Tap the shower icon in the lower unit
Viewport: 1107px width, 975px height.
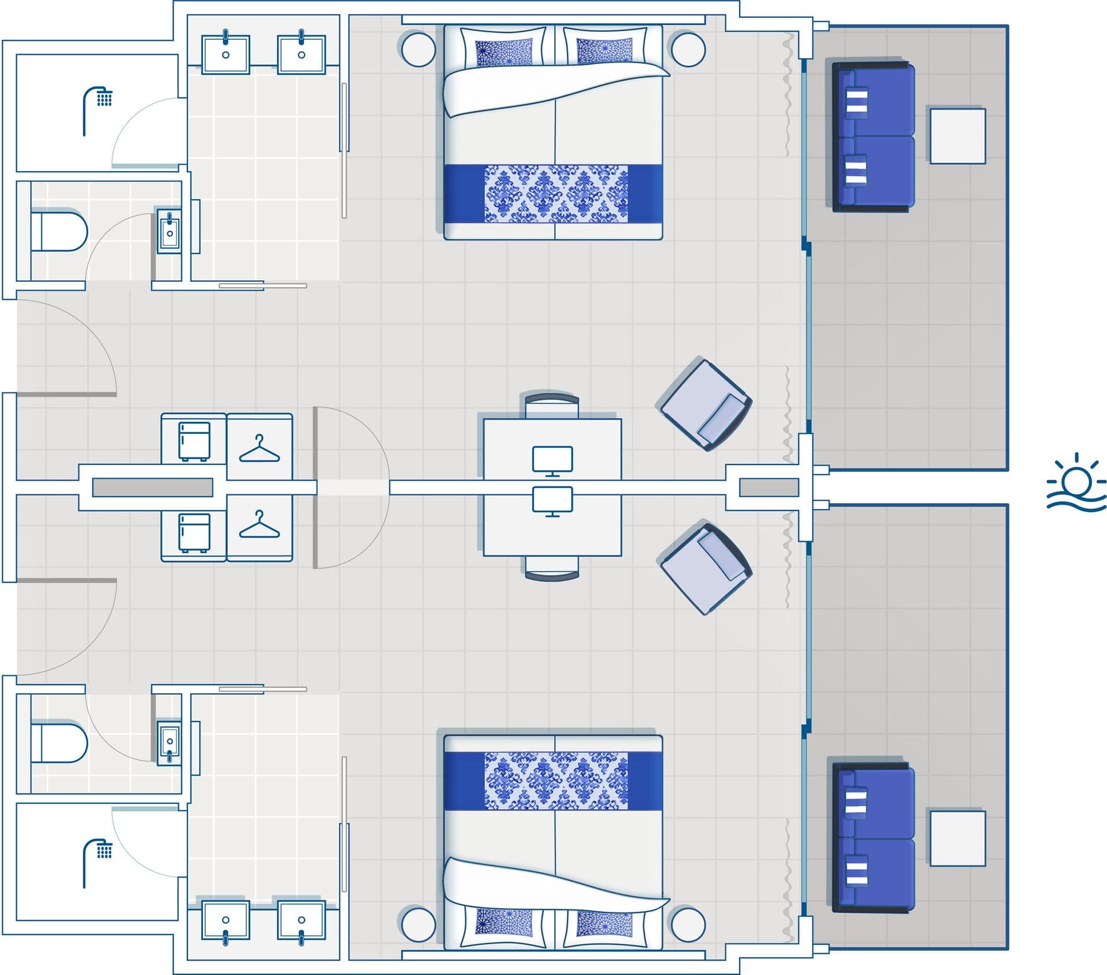pos(97,861)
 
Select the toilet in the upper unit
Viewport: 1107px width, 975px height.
pos(59,232)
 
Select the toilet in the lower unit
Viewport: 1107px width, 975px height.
pos(59,743)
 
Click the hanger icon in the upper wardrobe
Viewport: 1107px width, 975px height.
pos(259,448)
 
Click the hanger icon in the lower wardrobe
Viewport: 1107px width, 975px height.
pos(259,524)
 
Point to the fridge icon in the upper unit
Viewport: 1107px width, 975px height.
pos(194,441)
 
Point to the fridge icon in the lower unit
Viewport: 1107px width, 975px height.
pos(194,532)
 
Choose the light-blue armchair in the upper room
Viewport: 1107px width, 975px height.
pos(705,404)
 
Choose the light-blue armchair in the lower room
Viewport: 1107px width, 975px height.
pos(705,568)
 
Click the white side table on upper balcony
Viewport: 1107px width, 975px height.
pos(957,136)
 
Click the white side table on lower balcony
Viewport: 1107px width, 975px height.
pos(957,838)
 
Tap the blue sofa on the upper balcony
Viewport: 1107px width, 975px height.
pos(874,137)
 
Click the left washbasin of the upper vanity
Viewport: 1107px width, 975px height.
pos(225,54)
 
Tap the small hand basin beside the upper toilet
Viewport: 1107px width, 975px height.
pos(170,232)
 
